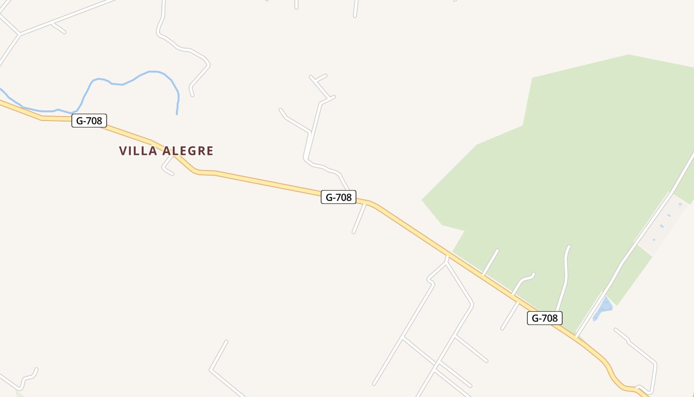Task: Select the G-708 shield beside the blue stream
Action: click(x=89, y=121)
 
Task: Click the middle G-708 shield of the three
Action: click(x=339, y=197)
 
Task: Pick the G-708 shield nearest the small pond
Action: click(x=544, y=318)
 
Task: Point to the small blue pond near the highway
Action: click(x=604, y=308)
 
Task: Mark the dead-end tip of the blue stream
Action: click(x=177, y=114)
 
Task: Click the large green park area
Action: click(x=570, y=164)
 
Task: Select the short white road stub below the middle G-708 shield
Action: click(x=359, y=219)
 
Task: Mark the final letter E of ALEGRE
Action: click(x=210, y=151)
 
